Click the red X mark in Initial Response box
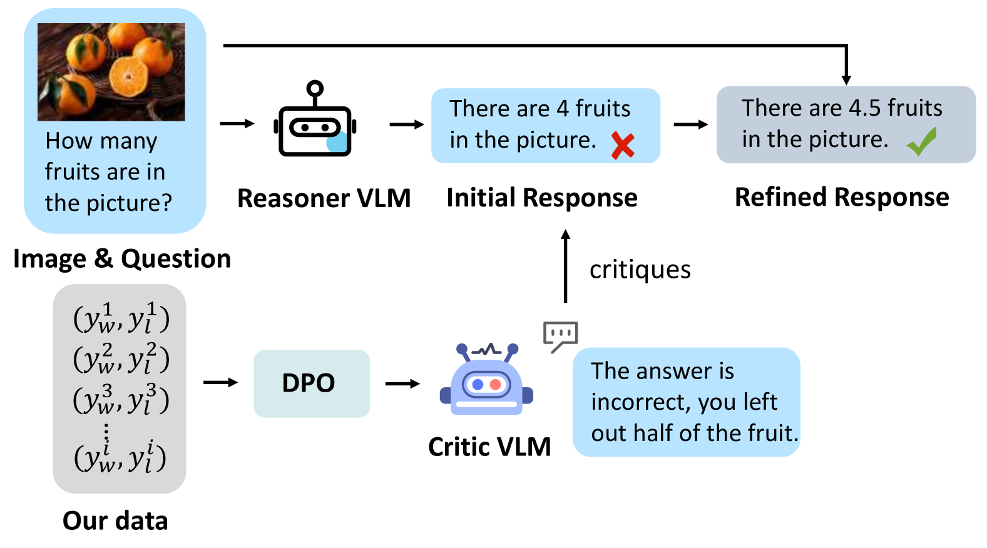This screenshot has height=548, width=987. coord(622,145)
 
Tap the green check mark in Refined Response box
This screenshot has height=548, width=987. coord(922,141)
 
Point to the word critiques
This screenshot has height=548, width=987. coord(640,270)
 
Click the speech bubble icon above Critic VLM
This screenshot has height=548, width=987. coord(560,335)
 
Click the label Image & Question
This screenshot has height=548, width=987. coord(122,258)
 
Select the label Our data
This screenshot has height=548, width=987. coord(115,520)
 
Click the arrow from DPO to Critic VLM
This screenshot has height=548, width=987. coord(402,383)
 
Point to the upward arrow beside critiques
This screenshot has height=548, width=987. coord(565,266)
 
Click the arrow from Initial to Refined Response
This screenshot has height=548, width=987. coord(690,124)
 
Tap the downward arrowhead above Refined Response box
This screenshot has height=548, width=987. coord(846,79)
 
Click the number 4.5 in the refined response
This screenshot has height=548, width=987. coord(864,108)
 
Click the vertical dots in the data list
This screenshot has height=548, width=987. coord(106,432)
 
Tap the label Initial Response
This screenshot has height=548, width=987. coord(541,198)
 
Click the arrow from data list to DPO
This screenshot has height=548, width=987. coord(220,382)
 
